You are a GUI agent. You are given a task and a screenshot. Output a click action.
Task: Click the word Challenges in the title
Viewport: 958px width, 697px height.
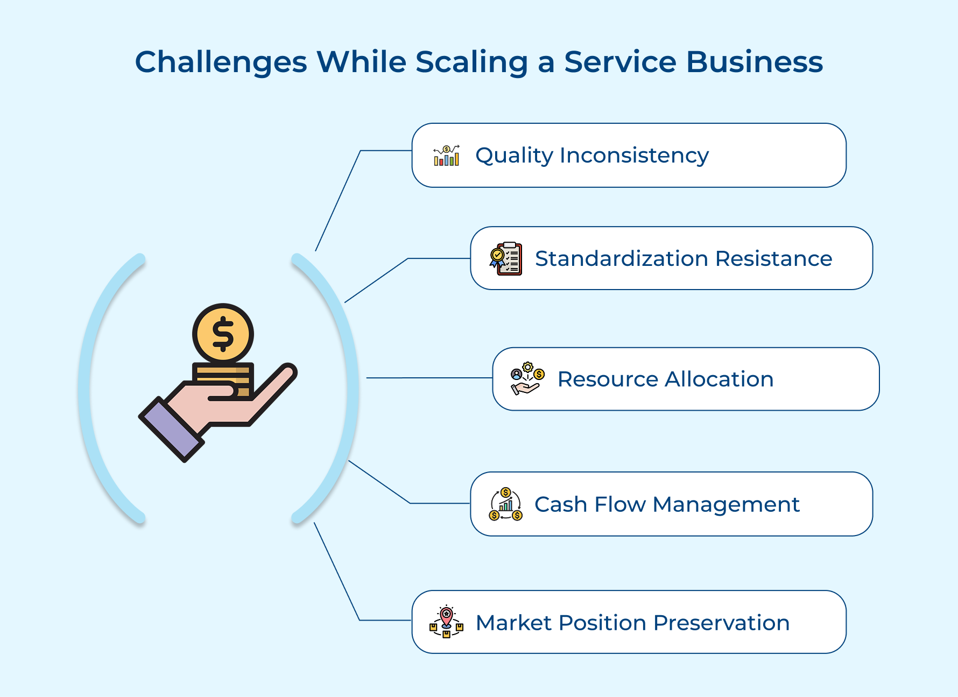tap(221, 62)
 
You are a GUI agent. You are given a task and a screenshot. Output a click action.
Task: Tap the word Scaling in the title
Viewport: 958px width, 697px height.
tap(471, 62)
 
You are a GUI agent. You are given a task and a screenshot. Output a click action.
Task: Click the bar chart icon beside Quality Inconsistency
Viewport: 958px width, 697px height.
tap(447, 156)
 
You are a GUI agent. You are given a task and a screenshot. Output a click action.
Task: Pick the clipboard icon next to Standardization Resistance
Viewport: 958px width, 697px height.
tap(506, 258)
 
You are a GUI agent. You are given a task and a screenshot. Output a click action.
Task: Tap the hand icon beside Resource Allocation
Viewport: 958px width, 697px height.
tap(527, 379)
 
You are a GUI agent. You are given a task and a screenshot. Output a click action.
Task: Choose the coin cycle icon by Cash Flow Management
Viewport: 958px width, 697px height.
tap(505, 504)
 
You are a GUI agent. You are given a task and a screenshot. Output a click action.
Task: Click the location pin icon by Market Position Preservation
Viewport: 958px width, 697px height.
tap(446, 622)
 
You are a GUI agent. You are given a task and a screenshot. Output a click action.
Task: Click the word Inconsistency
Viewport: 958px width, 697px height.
tap(635, 156)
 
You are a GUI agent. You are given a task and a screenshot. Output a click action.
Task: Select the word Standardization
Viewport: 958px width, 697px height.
tap(622, 259)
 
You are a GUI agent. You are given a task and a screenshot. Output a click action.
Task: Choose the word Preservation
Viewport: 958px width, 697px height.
tap(722, 623)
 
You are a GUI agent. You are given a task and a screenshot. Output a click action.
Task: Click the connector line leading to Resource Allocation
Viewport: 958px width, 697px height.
tap(429, 378)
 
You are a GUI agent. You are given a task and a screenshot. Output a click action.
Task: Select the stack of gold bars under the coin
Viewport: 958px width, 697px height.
tap(223, 380)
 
